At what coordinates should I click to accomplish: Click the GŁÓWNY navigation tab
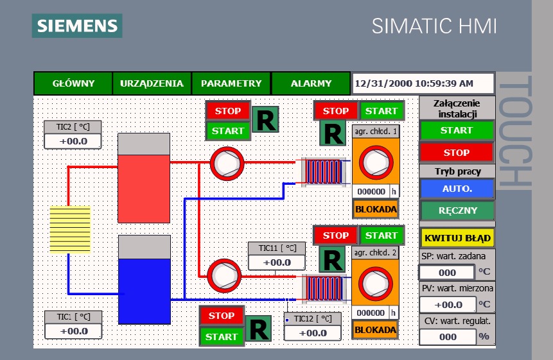pos(73,83)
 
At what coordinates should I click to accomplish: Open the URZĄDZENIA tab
pos(152,83)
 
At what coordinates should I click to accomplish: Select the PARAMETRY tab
pos(231,83)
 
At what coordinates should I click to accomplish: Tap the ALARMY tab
pos(311,83)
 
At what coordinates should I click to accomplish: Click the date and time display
pos(423,83)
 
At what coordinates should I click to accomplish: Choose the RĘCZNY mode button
pos(457,210)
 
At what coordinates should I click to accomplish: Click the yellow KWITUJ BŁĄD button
pos(457,238)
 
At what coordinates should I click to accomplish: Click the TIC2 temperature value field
pos(73,141)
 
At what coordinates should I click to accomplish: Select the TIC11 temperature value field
pos(277,262)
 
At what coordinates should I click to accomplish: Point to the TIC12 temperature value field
pos(313,333)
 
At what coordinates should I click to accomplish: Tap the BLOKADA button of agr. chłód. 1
pos(375,209)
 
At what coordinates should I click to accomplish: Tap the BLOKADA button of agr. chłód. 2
pos(375,330)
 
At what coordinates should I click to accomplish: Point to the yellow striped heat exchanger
pos(70,229)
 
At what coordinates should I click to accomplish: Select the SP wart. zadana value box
pos(448,272)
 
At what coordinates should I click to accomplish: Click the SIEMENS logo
pos(77,26)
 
